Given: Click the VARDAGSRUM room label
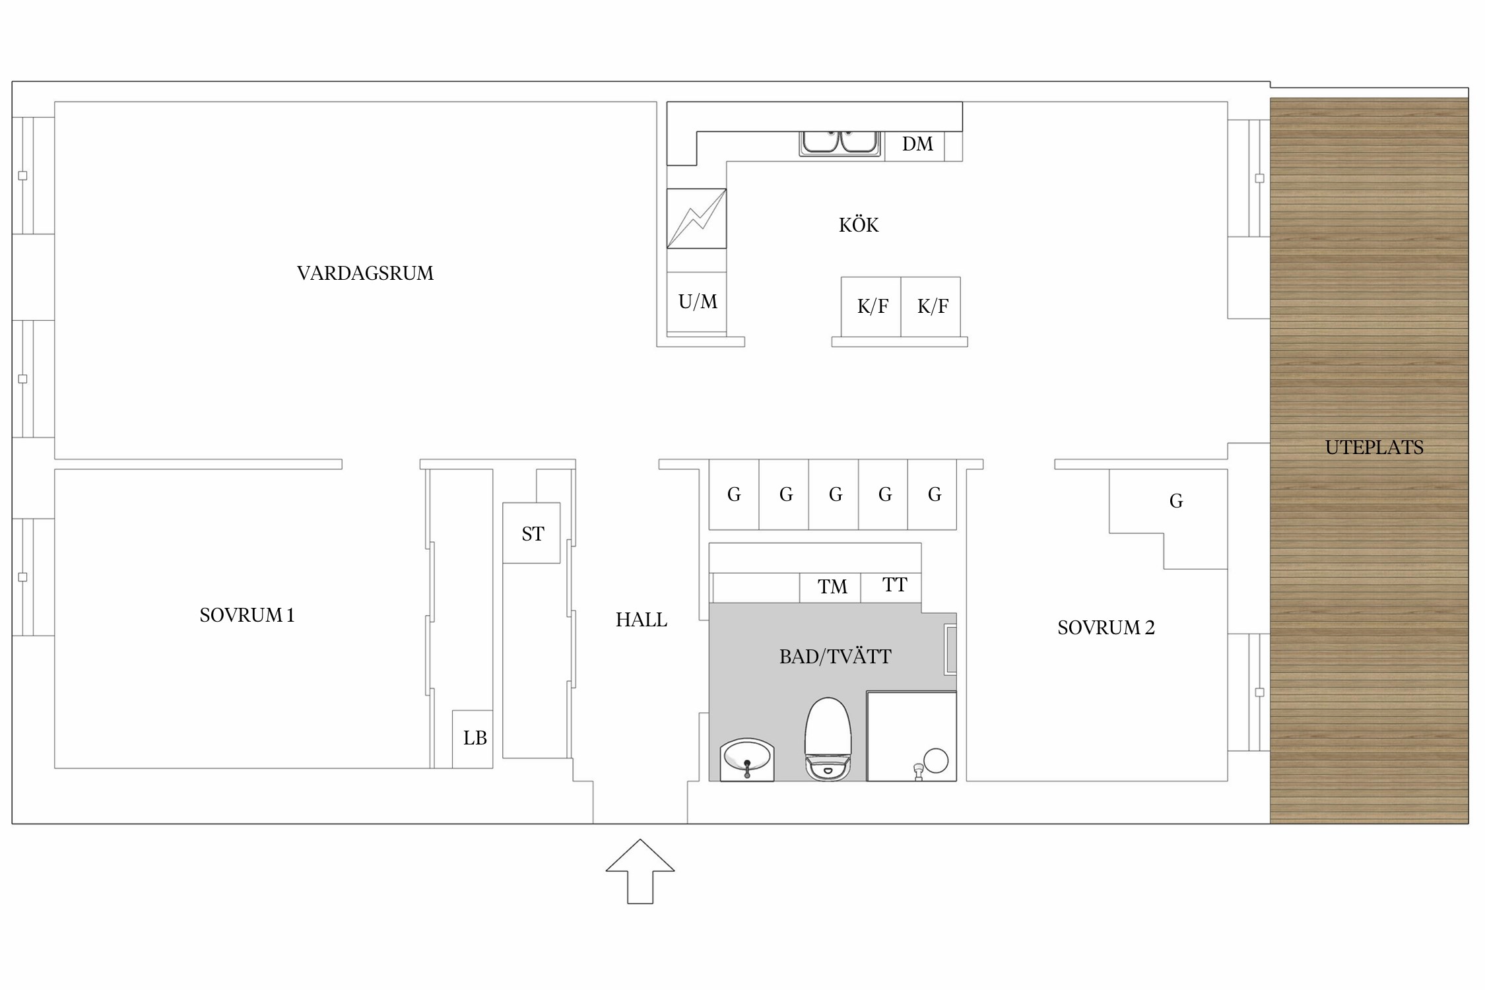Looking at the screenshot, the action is point(365,273).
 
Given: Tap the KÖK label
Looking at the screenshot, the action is point(859,224).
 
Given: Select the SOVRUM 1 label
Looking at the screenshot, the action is point(247,615).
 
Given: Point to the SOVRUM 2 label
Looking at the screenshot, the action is point(1106,628).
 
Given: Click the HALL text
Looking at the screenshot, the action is point(642,620).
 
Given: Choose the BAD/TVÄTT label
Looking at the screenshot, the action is point(835,657).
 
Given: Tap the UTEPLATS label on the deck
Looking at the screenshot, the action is point(1374,447).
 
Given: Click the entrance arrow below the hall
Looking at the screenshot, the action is point(640,871).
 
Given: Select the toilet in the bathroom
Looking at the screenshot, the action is point(828,739).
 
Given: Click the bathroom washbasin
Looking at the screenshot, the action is point(747,760).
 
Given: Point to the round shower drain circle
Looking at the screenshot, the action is point(936,760).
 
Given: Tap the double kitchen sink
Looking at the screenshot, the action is point(840,144).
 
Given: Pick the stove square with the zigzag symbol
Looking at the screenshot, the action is point(697,218).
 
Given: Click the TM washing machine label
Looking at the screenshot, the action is point(832,587).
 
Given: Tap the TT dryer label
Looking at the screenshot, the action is point(895,585).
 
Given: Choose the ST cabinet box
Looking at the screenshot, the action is point(531,533).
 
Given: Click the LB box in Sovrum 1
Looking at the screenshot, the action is point(473,739).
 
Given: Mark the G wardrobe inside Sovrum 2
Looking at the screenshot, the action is point(1175,502).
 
